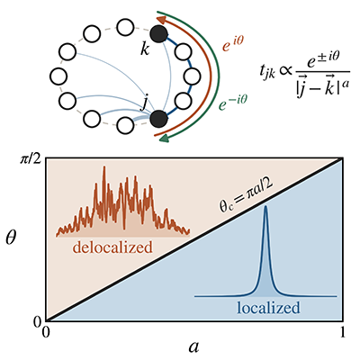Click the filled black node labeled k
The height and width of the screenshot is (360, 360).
(158, 34)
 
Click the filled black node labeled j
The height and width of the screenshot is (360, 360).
(158, 119)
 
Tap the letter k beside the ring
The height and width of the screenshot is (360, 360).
(145, 49)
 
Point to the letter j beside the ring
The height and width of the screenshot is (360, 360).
(145, 104)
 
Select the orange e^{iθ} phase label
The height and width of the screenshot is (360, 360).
(232, 45)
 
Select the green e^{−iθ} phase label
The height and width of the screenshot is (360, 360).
(233, 103)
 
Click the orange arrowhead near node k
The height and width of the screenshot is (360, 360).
(161, 20)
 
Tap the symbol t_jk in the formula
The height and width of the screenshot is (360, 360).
(267, 72)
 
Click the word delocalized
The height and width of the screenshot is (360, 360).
(112, 247)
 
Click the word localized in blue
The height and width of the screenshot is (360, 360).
(268, 308)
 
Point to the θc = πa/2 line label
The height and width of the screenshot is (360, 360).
(247, 197)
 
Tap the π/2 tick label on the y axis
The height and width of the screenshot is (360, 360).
(31, 159)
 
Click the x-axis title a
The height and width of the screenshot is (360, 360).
(194, 347)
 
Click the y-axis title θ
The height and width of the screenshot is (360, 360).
(11, 238)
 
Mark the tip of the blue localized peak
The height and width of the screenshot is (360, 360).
(265, 206)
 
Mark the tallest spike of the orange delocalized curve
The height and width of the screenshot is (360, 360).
(104, 166)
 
